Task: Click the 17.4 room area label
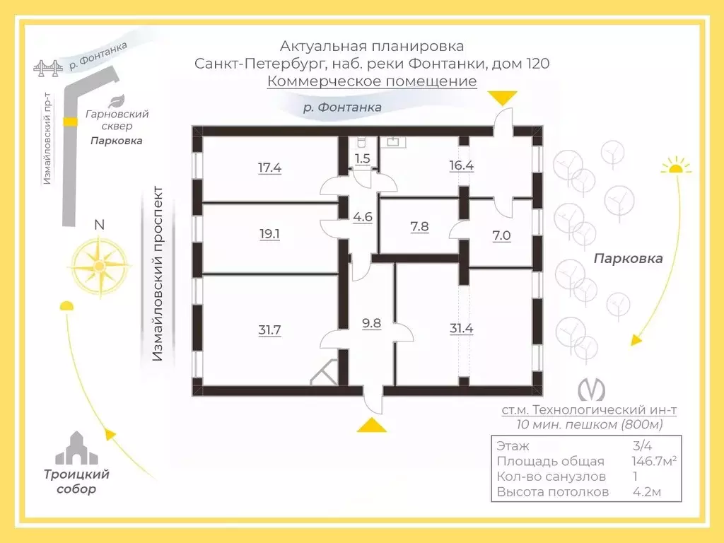tap(269, 167)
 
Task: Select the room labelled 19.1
tap(269, 233)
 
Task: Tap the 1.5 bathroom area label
tap(363, 158)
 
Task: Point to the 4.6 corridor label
tap(363, 216)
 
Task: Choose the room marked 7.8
tap(419, 226)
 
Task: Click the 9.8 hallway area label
tap(372, 322)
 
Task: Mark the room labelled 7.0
tap(501, 235)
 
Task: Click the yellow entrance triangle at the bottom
tap(372, 425)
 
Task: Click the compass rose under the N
tap(99, 266)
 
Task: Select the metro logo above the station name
tap(592, 389)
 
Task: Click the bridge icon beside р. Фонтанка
tap(48, 69)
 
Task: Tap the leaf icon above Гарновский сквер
tap(116, 100)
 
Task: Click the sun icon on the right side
tap(675, 165)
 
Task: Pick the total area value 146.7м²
tap(654, 461)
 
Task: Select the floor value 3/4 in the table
tap(642, 445)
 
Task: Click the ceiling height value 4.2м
tap(647, 492)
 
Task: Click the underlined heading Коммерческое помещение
tap(372, 81)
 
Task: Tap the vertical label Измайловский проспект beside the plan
tap(158, 274)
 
